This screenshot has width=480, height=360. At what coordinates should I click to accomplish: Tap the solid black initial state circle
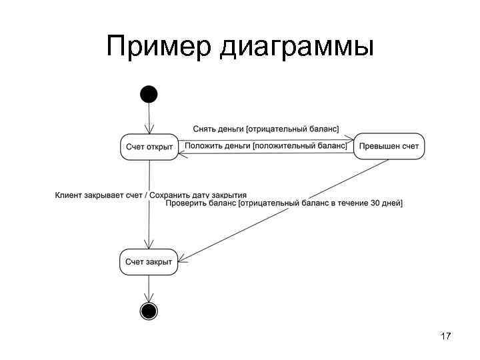pyautogui.click(x=149, y=94)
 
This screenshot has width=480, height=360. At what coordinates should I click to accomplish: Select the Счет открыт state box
pyautogui.click(x=149, y=147)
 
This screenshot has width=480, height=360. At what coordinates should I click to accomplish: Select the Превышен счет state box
pyautogui.click(x=388, y=147)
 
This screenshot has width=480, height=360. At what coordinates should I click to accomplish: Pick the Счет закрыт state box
pyautogui.click(x=149, y=261)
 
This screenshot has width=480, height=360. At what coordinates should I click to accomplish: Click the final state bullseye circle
pyautogui.click(x=149, y=311)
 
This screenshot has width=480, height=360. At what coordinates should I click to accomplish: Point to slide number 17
pyautogui.click(x=446, y=337)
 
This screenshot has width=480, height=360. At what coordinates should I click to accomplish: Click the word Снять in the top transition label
pyautogui.click(x=203, y=128)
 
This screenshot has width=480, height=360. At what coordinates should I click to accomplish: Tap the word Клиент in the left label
pyautogui.click(x=68, y=195)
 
